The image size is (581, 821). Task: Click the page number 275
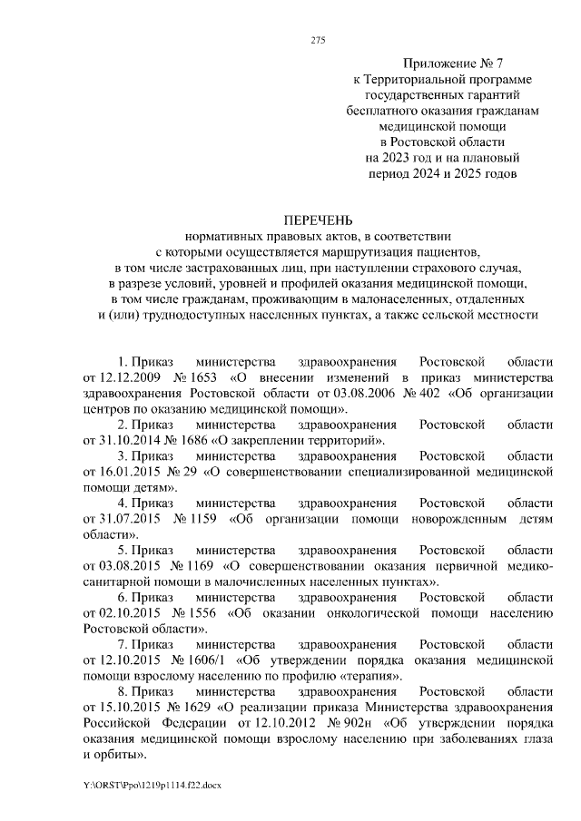click(318, 40)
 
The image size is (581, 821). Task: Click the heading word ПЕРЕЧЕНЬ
click(317, 220)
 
